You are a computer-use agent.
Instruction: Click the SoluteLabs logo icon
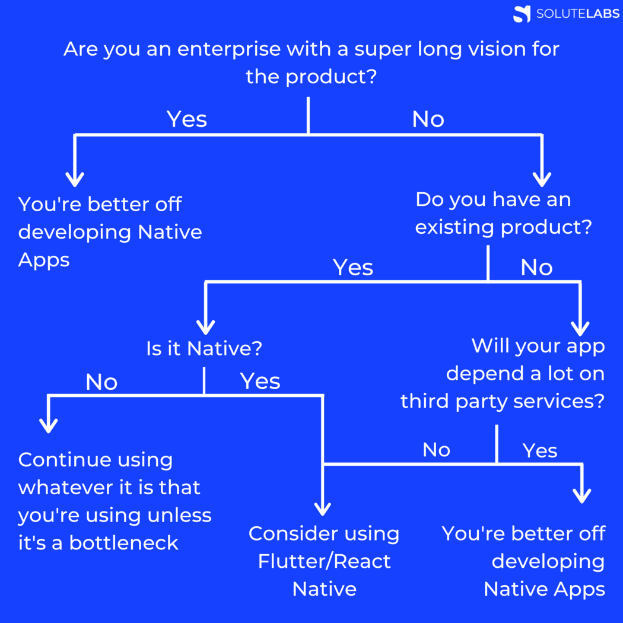click(522, 14)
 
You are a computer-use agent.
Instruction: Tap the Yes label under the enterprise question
click(187, 119)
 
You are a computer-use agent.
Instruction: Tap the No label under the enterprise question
click(428, 119)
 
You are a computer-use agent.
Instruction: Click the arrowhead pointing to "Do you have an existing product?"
click(542, 177)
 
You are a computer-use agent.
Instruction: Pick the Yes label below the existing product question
click(353, 268)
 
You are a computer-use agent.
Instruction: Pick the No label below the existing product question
click(536, 268)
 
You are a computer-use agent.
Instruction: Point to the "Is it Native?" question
click(204, 348)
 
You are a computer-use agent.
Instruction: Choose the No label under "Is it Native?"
click(101, 382)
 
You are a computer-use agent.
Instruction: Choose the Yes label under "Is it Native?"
click(260, 382)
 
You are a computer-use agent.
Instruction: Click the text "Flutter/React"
click(324, 561)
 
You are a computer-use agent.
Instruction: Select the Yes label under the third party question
click(540, 451)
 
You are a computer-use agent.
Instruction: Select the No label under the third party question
click(436, 450)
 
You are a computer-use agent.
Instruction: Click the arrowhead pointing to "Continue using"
click(48, 424)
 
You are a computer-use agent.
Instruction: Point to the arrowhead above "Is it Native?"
click(205, 326)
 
